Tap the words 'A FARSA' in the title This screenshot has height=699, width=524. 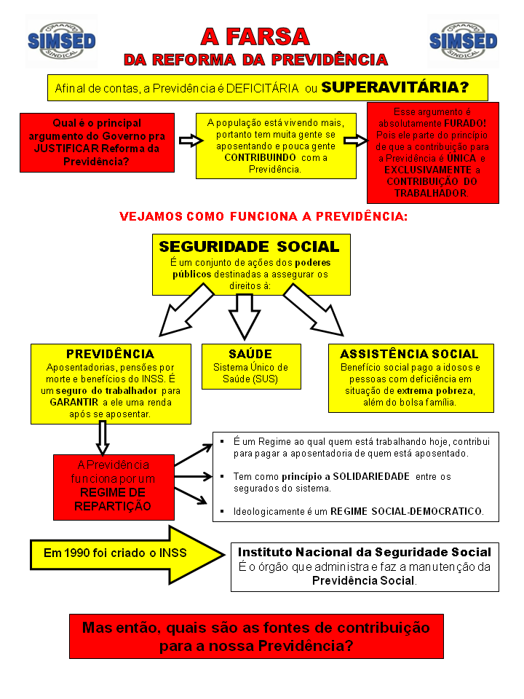click(255, 36)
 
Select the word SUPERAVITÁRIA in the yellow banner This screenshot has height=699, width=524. click(395, 88)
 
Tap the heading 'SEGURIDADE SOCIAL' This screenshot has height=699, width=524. click(249, 247)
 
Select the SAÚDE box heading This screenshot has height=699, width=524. click(250, 354)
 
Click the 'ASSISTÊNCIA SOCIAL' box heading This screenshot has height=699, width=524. click(410, 354)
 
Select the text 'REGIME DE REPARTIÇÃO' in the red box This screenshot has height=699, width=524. click(113, 499)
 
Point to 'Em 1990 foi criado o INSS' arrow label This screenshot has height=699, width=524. click(115, 553)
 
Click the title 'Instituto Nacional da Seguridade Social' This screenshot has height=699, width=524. click(365, 552)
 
